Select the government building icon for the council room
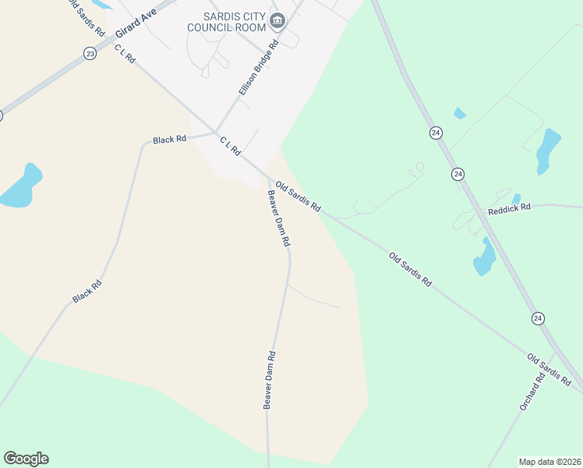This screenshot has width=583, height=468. click(277, 21)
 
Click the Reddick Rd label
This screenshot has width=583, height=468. click(509, 208)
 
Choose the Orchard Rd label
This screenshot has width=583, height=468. click(529, 392)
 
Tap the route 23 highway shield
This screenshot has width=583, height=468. click(90, 53)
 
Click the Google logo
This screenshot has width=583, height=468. click(26, 458)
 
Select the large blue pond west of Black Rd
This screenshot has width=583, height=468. click(21, 187)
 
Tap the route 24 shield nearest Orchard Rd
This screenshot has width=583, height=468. click(538, 317)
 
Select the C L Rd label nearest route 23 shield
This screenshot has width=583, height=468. click(125, 55)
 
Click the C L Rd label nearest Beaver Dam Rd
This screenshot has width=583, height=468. click(230, 145)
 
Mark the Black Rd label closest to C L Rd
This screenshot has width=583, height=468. click(169, 140)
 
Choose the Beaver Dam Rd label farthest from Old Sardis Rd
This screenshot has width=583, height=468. click(269, 380)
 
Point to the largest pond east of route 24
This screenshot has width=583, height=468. click(549, 149)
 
